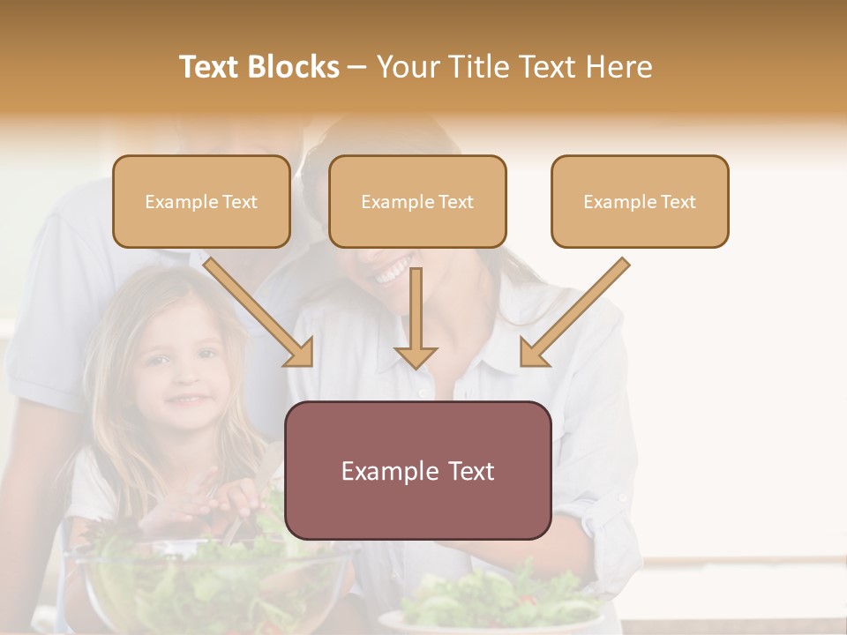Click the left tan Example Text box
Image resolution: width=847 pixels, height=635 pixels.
(x=201, y=202)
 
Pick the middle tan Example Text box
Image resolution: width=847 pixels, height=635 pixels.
(x=417, y=202)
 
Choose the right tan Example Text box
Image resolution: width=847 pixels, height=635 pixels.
(x=640, y=202)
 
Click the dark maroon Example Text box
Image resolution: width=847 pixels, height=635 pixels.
(x=417, y=471)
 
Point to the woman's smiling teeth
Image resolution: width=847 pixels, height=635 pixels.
(x=393, y=271)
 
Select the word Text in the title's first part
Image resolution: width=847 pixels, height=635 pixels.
(x=209, y=67)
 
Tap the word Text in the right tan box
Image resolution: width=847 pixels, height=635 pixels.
(x=678, y=202)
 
